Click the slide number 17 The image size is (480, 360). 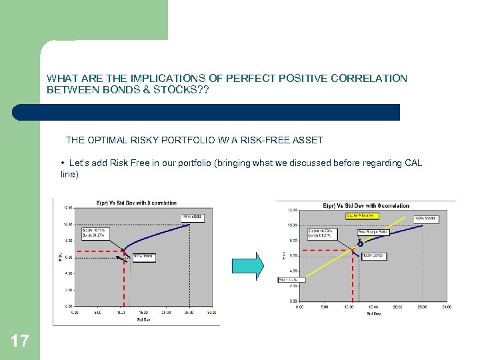point(20,341)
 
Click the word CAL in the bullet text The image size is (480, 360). point(413,163)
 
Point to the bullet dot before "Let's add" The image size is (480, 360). point(62,163)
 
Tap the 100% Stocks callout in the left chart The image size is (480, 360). point(192,217)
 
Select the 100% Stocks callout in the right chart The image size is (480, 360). point(426,219)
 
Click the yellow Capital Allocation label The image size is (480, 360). point(361,216)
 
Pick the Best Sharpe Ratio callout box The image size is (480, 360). point(373,233)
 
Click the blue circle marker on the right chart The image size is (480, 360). point(361,244)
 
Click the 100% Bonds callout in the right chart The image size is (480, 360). point(374,256)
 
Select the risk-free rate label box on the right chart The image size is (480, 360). point(291,279)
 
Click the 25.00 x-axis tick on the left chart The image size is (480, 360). point(189,312)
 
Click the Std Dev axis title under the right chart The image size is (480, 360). point(372,313)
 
